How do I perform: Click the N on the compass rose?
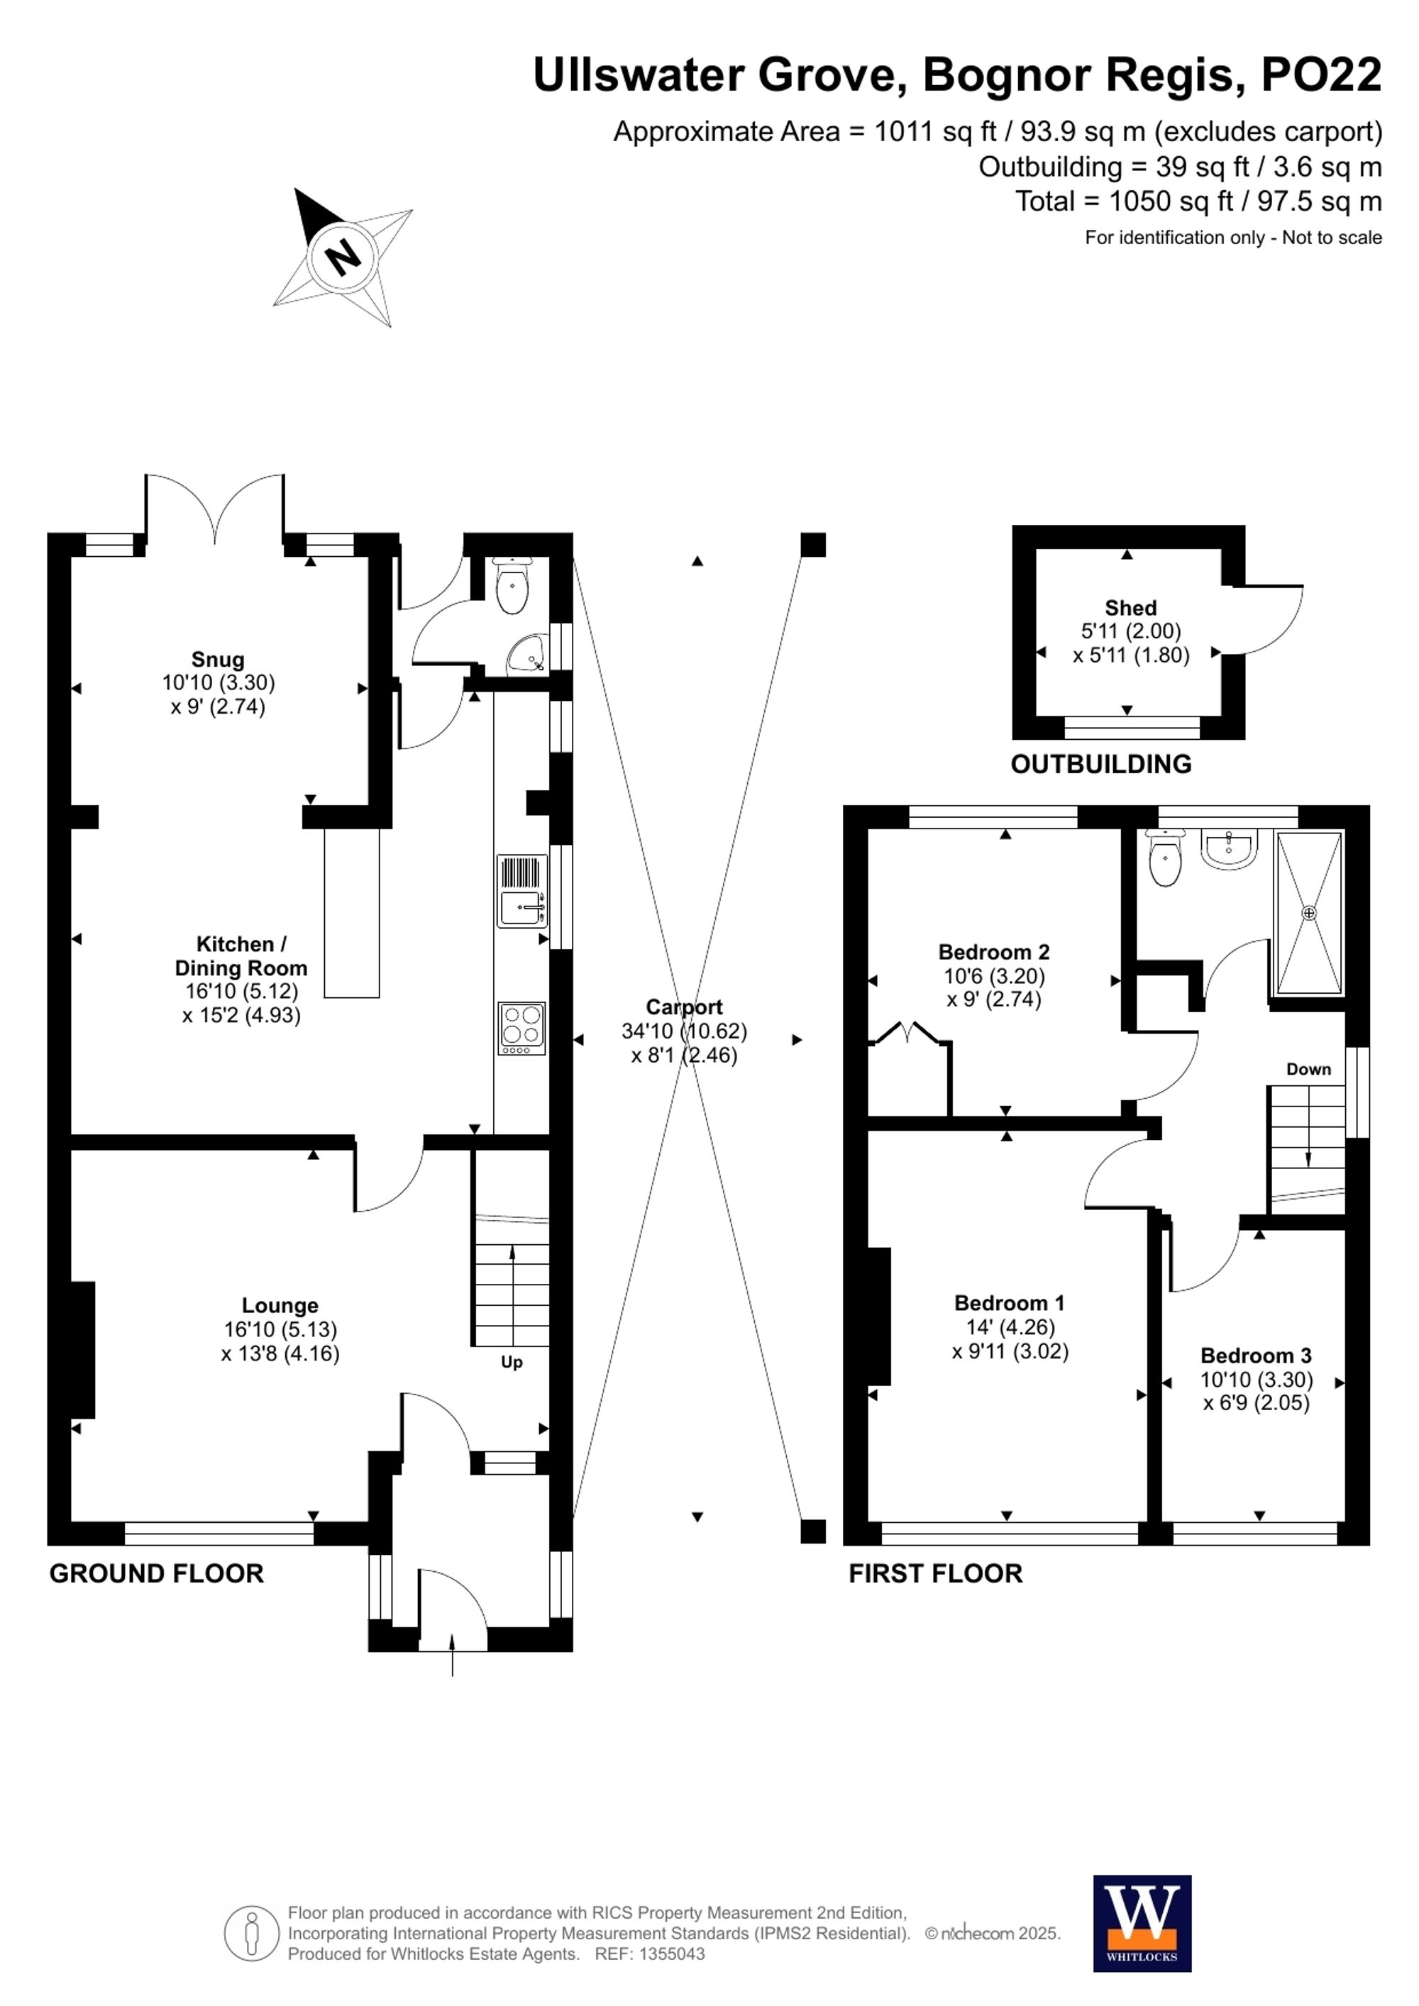pos(343,257)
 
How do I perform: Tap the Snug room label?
pos(218,660)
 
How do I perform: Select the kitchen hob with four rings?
pos(521,1027)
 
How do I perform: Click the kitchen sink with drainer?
pos(521,891)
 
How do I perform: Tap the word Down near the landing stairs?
pos(1308,1070)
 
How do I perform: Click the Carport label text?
pos(683,1007)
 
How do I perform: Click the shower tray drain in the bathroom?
pos(1308,913)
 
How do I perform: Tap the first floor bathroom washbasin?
pos(1230,849)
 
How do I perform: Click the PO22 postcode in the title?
pos(1320,75)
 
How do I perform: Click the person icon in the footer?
pos(252,1934)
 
